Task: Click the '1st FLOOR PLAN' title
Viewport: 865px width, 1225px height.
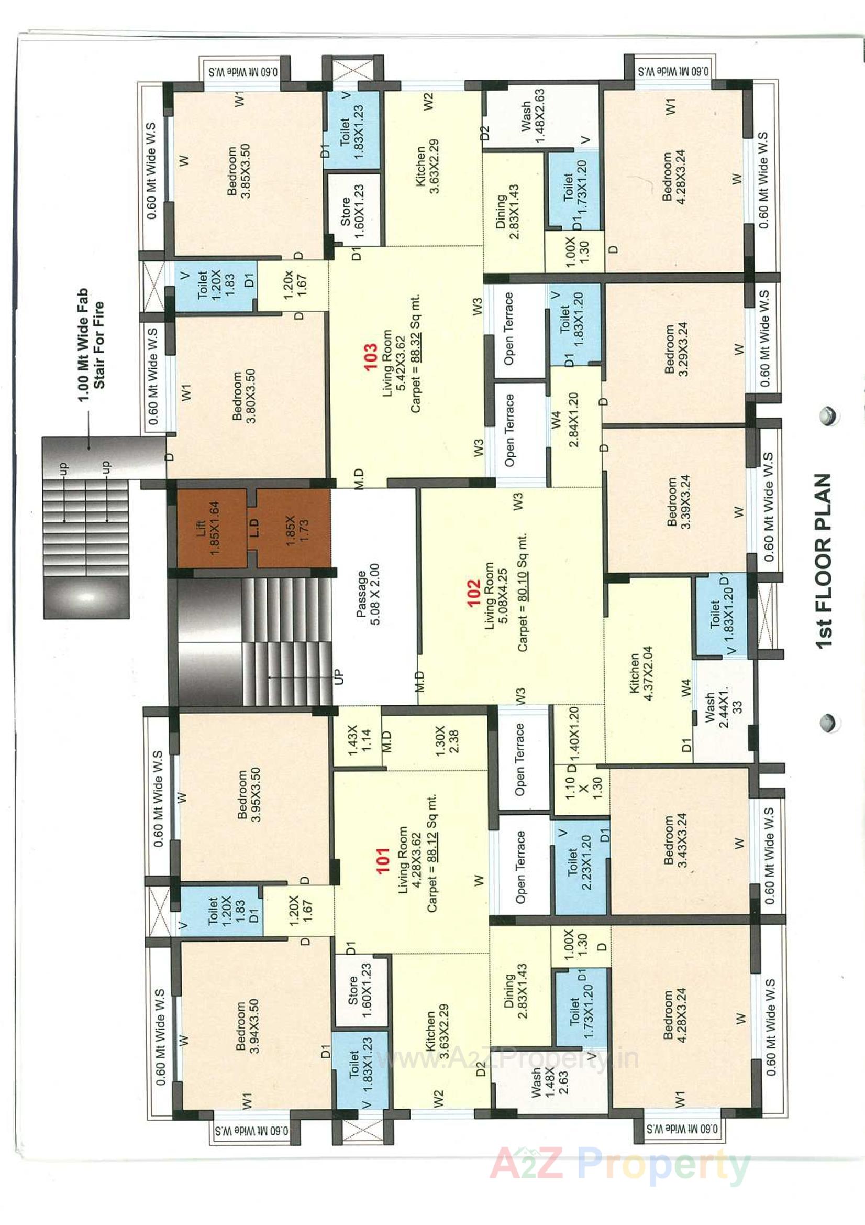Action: click(824, 561)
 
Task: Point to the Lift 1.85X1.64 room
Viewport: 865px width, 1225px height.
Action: click(207, 528)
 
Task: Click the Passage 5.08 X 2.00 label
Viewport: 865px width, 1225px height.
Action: click(368, 594)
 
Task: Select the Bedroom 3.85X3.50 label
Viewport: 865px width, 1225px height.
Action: click(238, 171)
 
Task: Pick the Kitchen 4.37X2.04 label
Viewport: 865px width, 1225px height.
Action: click(640, 673)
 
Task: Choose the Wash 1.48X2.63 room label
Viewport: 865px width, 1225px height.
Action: click(532, 116)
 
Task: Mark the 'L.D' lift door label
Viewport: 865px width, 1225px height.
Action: click(254, 528)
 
